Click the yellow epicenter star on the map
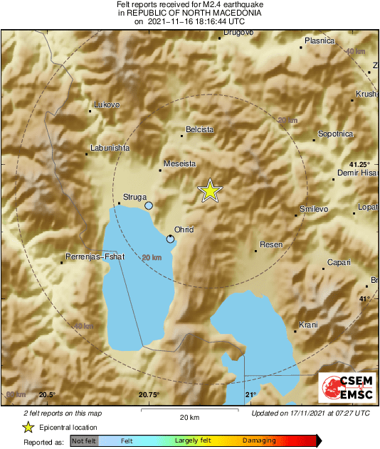pos(210,190)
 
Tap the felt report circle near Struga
pos(149,205)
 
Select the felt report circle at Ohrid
pos(170,239)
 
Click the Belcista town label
pos(199,130)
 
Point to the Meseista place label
pos(179,163)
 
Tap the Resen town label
pos(271,245)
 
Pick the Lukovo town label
pos(107,105)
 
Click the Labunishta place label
pos(110,148)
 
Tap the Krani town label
pos(308,325)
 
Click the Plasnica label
pos(319,41)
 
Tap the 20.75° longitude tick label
pos(149,395)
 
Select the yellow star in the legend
pos(28,428)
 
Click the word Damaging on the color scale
pos(258,440)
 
